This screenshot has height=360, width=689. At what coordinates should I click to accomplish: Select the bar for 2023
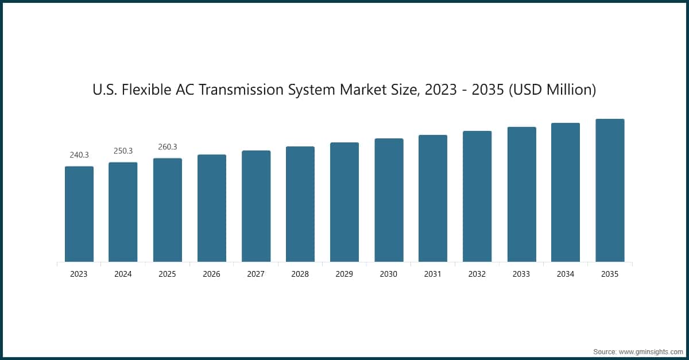79,214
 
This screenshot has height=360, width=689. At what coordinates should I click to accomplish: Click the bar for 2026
212,208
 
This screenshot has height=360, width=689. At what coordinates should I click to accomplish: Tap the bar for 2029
344,202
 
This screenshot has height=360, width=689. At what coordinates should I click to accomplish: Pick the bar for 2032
477,196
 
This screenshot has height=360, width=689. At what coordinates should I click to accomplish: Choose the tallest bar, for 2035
610,191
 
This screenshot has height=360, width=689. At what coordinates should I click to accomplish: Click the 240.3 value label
79,155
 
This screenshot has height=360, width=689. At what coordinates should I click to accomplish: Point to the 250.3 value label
123,151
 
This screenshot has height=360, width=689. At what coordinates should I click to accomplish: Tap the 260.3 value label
167,147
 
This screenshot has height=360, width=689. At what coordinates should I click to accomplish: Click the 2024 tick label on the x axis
123,274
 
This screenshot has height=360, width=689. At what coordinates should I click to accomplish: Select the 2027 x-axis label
256,274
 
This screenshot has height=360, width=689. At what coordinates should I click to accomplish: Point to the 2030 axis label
388,274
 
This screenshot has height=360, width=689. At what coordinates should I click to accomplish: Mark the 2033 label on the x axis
521,274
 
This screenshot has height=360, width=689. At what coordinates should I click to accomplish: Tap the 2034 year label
565,274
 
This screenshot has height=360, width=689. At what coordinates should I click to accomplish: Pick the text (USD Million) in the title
552,90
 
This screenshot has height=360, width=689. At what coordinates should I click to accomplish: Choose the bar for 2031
433,199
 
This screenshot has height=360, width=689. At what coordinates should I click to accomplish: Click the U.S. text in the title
104,90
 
